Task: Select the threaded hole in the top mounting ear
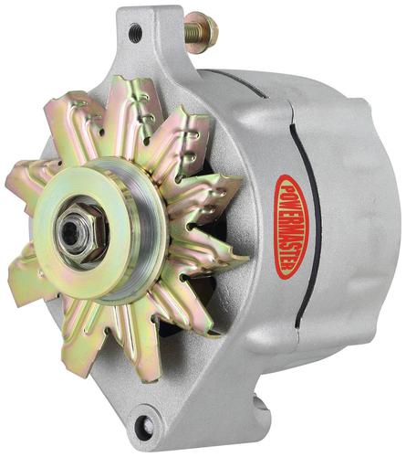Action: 135,30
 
